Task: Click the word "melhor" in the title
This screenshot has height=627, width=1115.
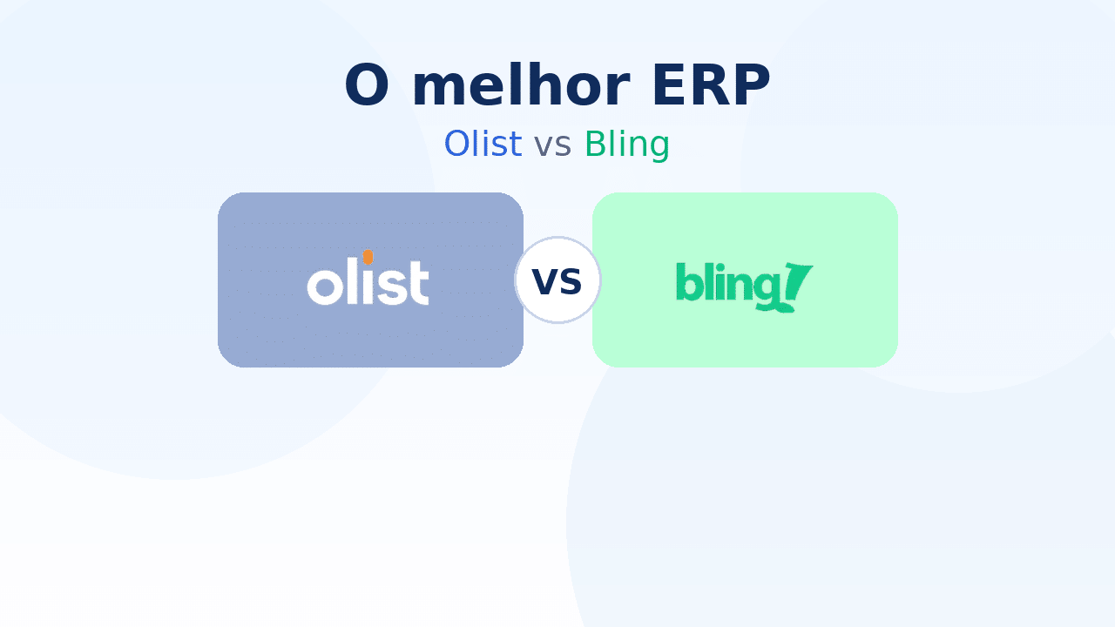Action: (x=521, y=84)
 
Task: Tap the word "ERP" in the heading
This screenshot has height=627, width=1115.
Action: (x=712, y=85)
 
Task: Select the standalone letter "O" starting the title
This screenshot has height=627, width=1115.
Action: (x=367, y=85)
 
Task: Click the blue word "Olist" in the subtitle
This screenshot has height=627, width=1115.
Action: (x=483, y=144)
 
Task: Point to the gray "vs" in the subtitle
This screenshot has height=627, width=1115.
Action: (x=552, y=145)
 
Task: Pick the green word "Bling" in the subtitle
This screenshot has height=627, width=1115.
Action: (x=626, y=145)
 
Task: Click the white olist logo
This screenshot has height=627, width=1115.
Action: (x=368, y=277)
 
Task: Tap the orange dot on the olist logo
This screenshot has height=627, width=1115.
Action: (x=368, y=257)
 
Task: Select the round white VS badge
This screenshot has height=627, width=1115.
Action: (x=557, y=280)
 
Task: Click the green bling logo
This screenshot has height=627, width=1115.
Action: (x=744, y=287)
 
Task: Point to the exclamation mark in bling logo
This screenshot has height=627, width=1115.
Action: (x=797, y=287)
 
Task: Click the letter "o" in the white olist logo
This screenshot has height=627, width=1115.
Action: (x=325, y=287)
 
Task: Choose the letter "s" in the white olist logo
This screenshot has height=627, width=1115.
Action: (x=392, y=287)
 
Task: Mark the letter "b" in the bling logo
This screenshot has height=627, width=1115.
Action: (x=687, y=281)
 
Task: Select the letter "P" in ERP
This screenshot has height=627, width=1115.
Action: (x=751, y=85)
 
